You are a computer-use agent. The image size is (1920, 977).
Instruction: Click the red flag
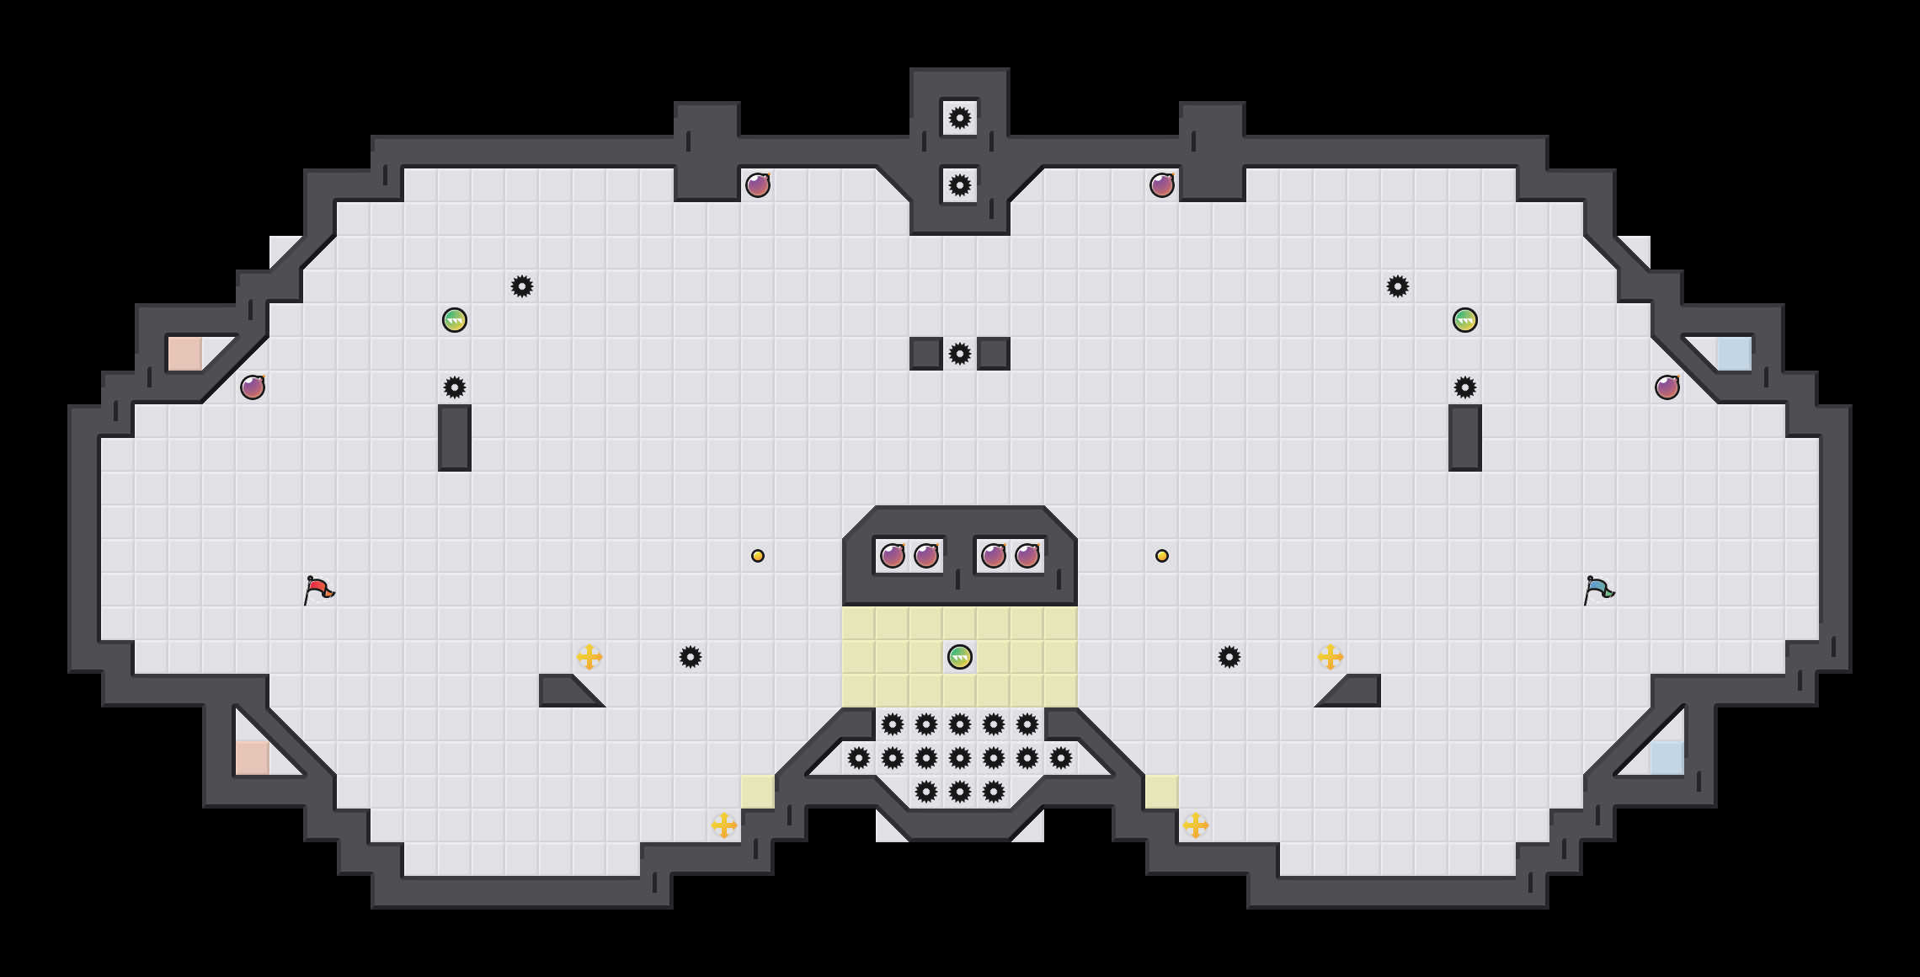tap(317, 590)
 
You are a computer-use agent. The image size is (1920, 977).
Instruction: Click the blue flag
tap(1597, 590)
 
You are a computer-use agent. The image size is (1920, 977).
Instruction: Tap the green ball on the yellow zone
tap(960, 657)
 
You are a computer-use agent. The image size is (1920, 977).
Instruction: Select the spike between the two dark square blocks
tap(960, 354)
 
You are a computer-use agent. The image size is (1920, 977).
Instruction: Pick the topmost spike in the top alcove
tap(960, 118)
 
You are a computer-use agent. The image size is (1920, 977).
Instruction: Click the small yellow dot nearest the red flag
tap(758, 556)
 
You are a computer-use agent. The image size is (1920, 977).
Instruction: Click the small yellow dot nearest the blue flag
tap(1162, 556)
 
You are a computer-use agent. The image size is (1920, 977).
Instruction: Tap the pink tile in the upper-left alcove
tap(185, 354)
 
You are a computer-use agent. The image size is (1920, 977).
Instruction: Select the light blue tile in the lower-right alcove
tap(1667, 757)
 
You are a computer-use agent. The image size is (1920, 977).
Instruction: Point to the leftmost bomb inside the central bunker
tap(893, 556)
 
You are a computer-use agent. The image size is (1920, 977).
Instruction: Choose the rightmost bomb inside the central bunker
tap(1027, 556)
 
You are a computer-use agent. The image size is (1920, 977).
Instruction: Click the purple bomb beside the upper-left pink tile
tap(253, 387)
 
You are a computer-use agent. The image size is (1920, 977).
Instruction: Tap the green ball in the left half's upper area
tap(455, 320)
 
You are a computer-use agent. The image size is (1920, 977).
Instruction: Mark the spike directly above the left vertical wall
tap(455, 387)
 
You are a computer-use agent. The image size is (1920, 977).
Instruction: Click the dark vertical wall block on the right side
tap(1465, 438)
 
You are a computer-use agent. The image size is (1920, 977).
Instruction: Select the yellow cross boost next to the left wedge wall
tap(589, 657)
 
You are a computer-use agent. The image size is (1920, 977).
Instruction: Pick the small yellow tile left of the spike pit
tap(758, 792)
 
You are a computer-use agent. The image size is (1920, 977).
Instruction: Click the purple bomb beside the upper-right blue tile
tap(1667, 387)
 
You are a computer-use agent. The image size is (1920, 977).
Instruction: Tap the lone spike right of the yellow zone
tap(1229, 657)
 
